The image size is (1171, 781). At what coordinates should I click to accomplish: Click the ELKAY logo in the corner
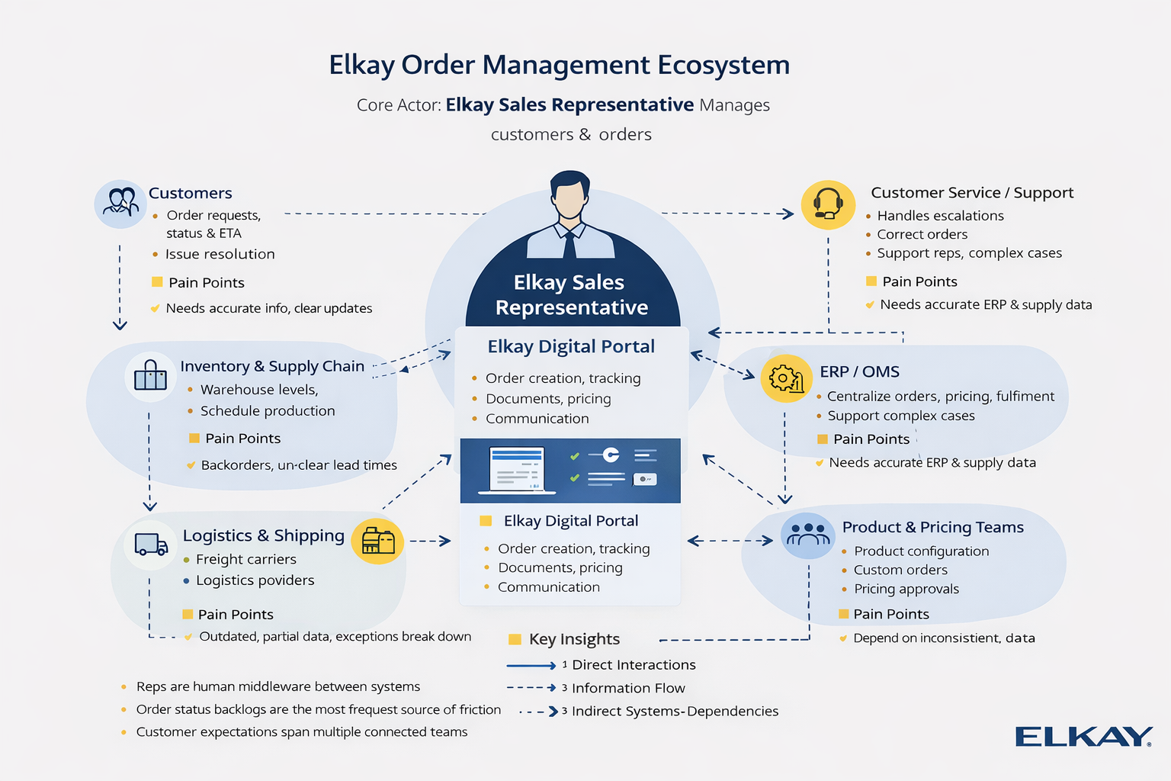click(x=1083, y=737)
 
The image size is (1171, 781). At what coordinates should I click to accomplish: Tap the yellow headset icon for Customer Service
click(x=828, y=204)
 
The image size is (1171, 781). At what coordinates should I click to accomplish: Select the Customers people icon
click(x=120, y=204)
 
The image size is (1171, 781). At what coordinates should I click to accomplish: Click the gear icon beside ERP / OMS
click(x=786, y=378)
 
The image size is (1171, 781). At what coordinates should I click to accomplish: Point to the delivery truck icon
click(x=151, y=544)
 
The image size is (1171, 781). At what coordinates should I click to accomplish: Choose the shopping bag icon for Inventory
click(x=150, y=376)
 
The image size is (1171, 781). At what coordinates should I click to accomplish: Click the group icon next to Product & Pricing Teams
click(x=807, y=535)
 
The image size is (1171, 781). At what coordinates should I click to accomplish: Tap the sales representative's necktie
click(x=569, y=244)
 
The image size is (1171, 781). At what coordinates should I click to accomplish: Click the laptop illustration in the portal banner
click(x=517, y=469)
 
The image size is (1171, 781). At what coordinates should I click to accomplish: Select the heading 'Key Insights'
click(x=574, y=639)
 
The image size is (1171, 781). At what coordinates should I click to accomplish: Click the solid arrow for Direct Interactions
click(x=531, y=666)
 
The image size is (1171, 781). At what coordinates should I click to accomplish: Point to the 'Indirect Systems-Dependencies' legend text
click(x=675, y=712)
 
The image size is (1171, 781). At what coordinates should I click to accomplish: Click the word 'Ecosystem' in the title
click(x=723, y=65)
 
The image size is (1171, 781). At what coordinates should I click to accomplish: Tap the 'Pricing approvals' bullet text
click(x=906, y=589)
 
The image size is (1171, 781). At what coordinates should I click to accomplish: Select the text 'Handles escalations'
click(x=940, y=216)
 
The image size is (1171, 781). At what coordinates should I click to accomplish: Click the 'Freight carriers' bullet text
click(x=245, y=559)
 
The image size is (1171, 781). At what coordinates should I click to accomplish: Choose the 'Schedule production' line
click(x=268, y=411)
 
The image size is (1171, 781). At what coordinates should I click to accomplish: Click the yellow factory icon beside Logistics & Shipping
click(x=378, y=542)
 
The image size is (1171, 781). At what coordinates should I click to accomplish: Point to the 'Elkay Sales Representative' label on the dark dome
click(x=571, y=294)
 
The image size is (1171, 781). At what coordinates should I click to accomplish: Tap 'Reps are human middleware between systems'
click(x=278, y=686)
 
